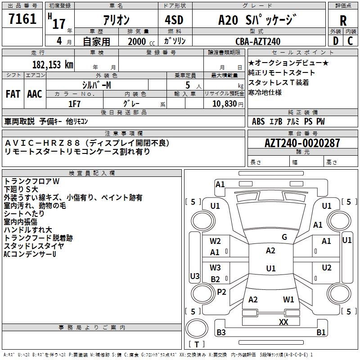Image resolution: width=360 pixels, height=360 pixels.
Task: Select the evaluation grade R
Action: pos(343,21)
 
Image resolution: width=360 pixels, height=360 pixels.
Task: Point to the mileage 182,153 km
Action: pos(52,64)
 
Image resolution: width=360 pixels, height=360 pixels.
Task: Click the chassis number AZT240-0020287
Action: pos(302,143)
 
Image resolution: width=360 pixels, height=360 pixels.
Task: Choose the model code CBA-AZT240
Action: pos(257,41)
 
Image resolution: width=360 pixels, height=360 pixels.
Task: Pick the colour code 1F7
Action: pos(74,103)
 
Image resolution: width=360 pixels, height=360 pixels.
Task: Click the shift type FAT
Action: pos(13,94)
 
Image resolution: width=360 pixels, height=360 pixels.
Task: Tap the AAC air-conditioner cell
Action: pos(35,94)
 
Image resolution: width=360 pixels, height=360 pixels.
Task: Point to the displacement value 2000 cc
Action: pos(140,41)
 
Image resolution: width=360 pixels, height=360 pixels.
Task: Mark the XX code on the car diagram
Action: pos(283,322)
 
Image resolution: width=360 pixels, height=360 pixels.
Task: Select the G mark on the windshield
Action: pos(284,237)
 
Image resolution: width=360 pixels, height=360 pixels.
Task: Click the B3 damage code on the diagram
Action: pos(221,333)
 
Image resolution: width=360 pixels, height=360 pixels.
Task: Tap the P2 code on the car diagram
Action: pos(221,292)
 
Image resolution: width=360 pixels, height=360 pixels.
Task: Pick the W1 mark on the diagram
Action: pos(288,299)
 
